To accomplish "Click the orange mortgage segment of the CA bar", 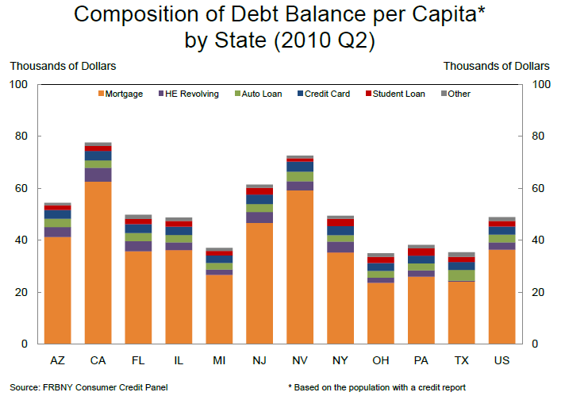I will (x=98, y=262).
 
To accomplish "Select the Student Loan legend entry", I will (x=406, y=94).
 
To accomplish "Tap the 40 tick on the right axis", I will (x=537, y=240).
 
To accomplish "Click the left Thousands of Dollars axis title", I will (x=61, y=66).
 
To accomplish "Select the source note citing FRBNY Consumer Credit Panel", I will (x=89, y=387).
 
